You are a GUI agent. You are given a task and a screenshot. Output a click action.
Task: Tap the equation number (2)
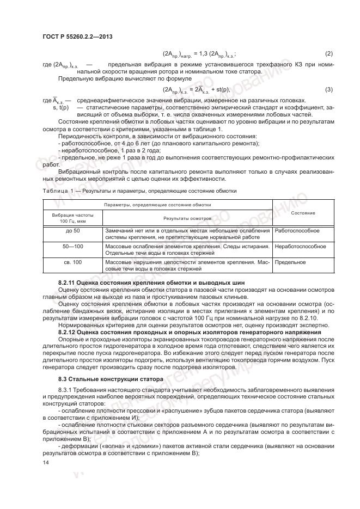tap(329, 53)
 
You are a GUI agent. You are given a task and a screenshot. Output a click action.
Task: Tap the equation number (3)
tap(329, 89)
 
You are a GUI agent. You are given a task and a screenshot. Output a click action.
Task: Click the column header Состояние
tap(303, 213)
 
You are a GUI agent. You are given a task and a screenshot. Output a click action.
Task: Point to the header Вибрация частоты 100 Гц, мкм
tap(73, 218)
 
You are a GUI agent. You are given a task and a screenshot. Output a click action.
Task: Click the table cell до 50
tap(73, 230)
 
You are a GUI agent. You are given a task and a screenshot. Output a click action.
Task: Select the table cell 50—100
tap(73, 246)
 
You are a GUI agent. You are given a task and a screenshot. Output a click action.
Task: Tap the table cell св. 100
tap(73, 262)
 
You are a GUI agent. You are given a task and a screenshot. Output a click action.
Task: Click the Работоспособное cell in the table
tap(297, 230)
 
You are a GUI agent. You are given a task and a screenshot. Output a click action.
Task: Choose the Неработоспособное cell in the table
tap(301, 246)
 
